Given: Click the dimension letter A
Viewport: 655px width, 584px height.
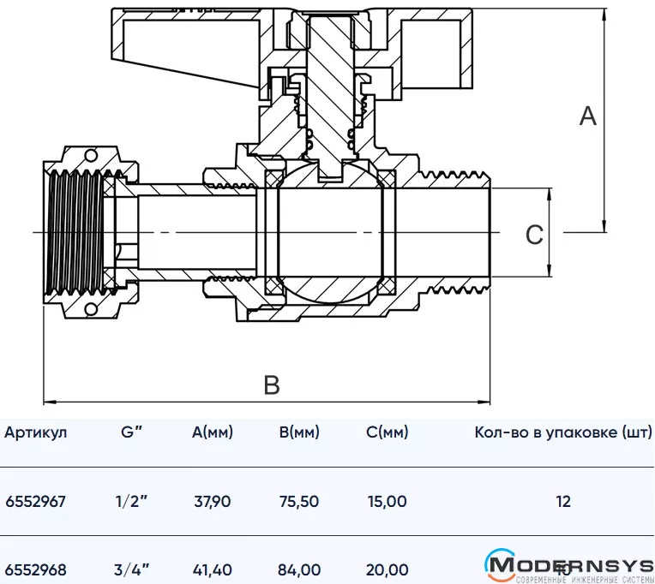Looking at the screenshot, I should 587,116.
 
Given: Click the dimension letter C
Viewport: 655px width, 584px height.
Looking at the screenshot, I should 534,234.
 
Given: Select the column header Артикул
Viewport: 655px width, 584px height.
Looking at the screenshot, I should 35,432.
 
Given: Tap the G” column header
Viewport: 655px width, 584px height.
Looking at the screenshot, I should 132,432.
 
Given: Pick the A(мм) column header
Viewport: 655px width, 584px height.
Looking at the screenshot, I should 212,432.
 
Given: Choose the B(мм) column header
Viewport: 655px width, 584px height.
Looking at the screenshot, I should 299,432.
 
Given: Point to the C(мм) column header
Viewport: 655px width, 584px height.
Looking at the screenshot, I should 387,432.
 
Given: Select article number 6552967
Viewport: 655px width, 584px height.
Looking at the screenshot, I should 35,501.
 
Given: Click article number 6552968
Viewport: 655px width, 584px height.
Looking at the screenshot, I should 35,569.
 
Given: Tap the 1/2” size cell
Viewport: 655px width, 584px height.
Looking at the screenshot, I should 133,501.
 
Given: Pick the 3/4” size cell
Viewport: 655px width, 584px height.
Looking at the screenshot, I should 133,569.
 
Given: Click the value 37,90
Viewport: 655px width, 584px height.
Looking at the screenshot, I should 212,501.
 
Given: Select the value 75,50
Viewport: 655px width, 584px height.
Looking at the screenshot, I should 299,501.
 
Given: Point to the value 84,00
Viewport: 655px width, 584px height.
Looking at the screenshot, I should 299,569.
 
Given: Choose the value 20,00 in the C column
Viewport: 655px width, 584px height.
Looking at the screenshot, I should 387,569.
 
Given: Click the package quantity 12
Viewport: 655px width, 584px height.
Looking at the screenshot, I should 562,501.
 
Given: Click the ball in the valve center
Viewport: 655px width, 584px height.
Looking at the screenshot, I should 328,233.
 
